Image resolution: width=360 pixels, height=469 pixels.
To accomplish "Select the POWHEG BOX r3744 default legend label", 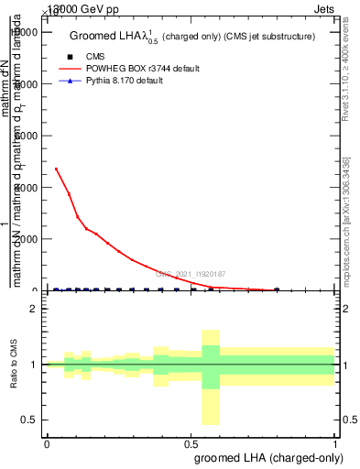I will [x=138, y=69].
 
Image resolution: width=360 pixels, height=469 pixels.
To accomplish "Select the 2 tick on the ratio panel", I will [x=33, y=309].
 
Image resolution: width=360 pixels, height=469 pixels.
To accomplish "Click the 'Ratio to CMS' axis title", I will [x=14, y=364].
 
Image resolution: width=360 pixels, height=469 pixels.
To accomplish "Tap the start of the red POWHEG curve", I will [x=56, y=169].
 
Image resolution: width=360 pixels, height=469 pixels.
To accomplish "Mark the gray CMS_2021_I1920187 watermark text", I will [x=190, y=274].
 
